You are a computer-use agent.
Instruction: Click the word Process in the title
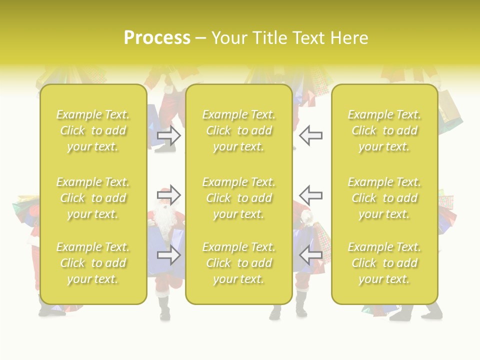[x=157, y=38]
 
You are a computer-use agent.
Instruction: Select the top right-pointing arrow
[x=169, y=135]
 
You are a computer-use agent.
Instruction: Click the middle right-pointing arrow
[x=169, y=195]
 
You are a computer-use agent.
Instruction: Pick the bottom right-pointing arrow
[x=169, y=255]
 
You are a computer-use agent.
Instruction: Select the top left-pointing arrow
[x=311, y=135]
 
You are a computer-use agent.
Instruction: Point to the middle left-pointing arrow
[x=311, y=195]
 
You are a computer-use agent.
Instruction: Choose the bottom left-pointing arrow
[x=311, y=255]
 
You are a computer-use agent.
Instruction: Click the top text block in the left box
[x=93, y=130]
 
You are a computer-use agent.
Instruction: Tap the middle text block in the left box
[x=93, y=198]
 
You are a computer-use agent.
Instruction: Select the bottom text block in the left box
[x=93, y=263]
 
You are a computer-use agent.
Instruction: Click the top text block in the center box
[x=239, y=130]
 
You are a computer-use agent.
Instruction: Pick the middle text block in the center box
[x=239, y=198]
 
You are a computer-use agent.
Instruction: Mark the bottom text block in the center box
[x=239, y=263]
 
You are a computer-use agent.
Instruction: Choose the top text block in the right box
[x=384, y=130]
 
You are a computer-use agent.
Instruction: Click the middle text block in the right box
[x=384, y=198]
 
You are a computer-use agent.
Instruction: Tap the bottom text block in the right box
[x=384, y=263]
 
